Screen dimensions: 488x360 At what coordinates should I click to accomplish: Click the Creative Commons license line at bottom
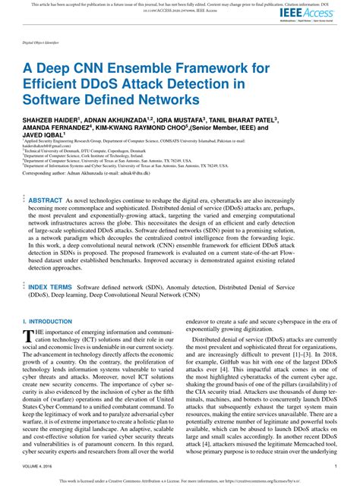click(x=180, y=481)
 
